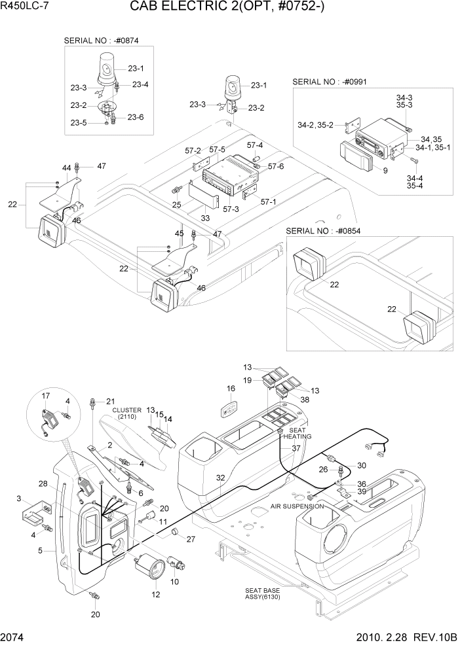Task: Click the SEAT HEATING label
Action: [x=297, y=432]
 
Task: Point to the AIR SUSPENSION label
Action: [x=297, y=506]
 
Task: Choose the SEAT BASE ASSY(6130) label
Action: [x=263, y=593]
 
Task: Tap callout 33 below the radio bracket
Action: [x=206, y=218]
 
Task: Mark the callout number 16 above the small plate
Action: [x=231, y=389]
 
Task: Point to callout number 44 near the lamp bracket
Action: [x=66, y=169]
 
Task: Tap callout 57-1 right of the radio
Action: [x=267, y=201]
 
